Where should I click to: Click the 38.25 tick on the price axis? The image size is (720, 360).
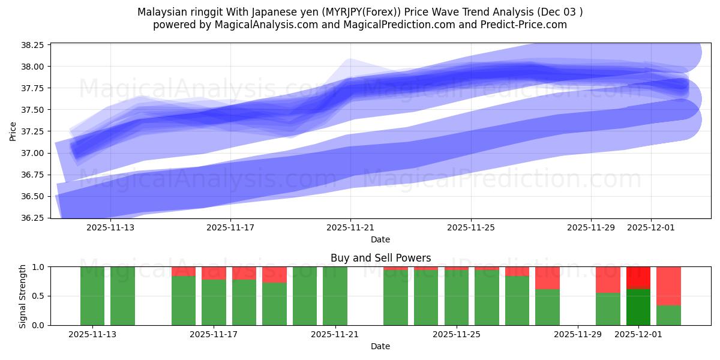(x=35, y=45)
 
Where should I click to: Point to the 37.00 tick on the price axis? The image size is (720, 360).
(x=35, y=153)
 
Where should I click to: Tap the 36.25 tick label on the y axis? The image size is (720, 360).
(x=35, y=218)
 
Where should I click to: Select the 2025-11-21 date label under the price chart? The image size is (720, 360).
(x=350, y=228)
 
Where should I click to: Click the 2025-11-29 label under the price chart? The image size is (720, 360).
(x=591, y=228)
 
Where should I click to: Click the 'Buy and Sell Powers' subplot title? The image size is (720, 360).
(x=380, y=258)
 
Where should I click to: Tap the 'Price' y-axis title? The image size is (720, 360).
(x=13, y=131)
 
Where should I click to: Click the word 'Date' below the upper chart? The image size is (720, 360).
(x=380, y=239)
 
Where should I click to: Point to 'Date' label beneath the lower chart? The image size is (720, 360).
(x=380, y=346)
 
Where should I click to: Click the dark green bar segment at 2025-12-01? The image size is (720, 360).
(x=638, y=307)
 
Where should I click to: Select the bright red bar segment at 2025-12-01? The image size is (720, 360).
(x=638, y=278)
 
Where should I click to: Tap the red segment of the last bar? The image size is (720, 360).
(x=668, y=286)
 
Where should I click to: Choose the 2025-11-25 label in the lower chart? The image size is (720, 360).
(x=457, y=335)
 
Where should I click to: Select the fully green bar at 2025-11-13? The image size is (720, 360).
(x=92, y=296)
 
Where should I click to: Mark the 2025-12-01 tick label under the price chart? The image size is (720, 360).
(x=652, y=228)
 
